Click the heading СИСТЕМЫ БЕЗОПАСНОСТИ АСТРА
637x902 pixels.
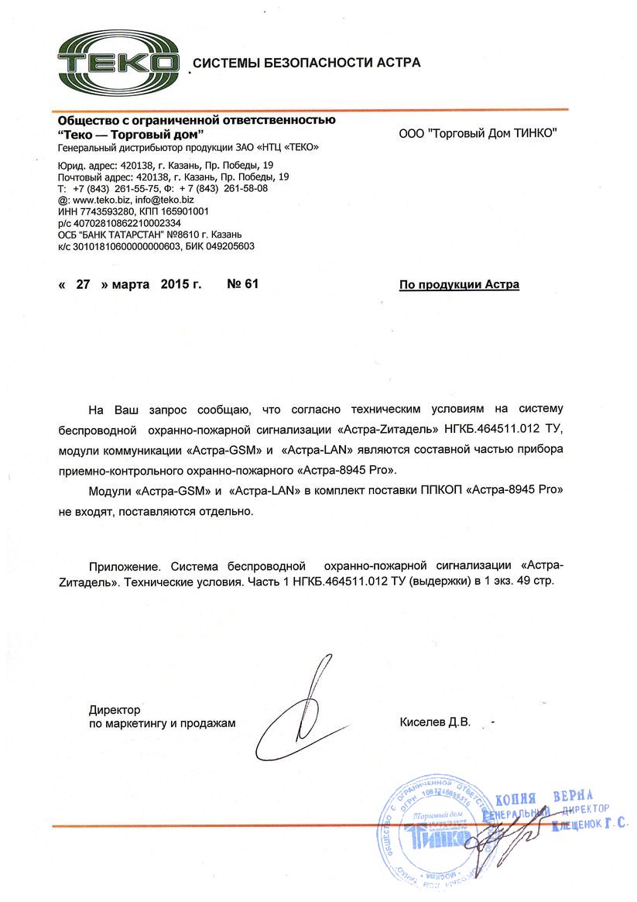(307, 63)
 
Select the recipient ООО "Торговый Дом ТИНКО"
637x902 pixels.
(478, 134)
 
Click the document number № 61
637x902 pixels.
(242, 284)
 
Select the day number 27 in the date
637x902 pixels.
(84, 284)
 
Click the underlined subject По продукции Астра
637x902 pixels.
(459, 285)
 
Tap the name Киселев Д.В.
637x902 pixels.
(435, 723)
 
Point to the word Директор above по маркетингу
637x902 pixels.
(114, 709)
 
